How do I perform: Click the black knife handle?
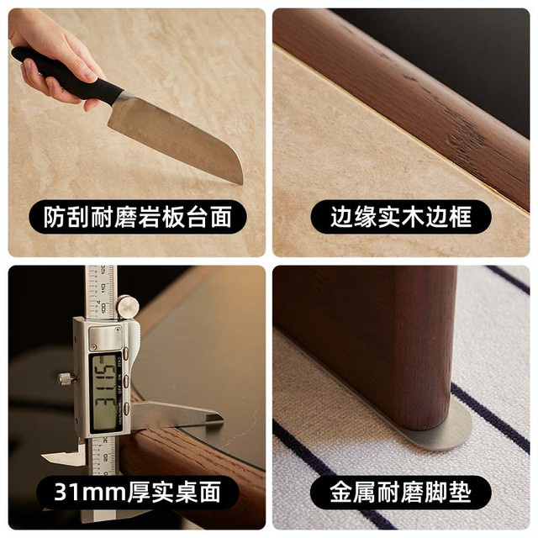[67, 75]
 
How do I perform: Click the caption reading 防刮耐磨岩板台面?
[138, 217]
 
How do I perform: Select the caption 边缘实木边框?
[401, 217]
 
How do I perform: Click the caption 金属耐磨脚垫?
[401, 493]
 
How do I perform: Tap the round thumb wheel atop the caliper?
[127, 306]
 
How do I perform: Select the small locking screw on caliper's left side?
[67, 378]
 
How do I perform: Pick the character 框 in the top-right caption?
[461, 217]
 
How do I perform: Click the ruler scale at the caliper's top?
[101, 292]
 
